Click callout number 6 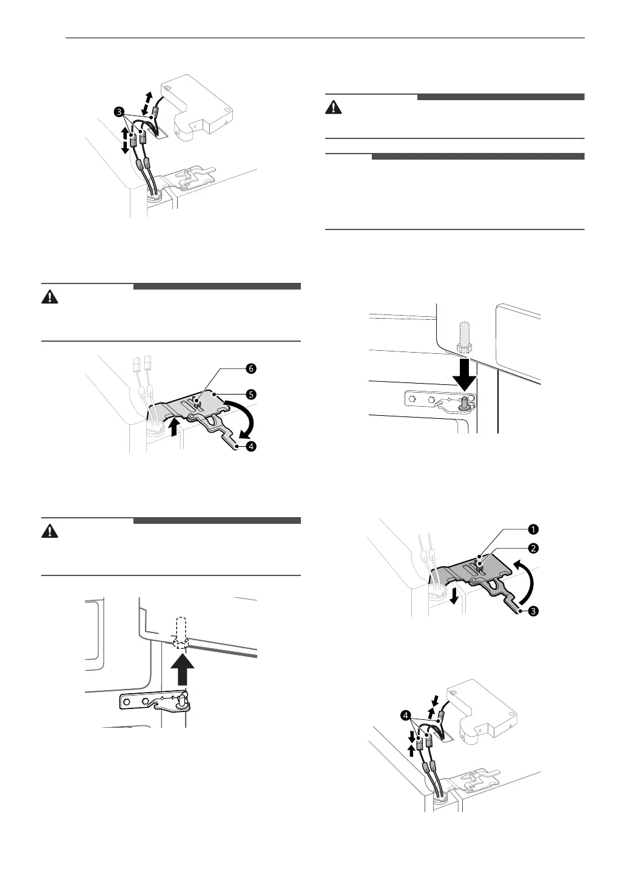pos(250,368)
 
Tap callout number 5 pos(250,393)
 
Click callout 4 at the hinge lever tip pos(250,446)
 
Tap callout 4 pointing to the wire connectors pos(405,716)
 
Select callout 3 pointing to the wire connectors pos(119,112)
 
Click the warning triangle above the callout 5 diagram pos(50,297)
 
